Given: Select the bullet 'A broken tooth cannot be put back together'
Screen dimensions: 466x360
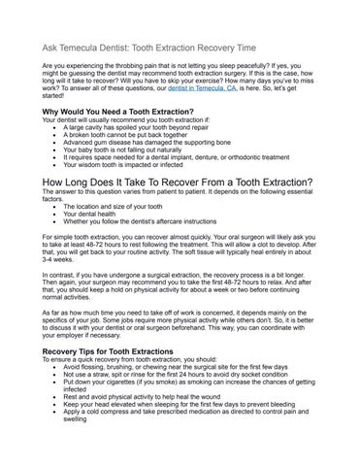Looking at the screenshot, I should click(x=132, y=135).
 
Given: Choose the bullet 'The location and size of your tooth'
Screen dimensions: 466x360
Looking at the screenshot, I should click(x=117, y=207).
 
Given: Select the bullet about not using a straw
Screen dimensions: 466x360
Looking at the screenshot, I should click(x=175, y=375).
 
